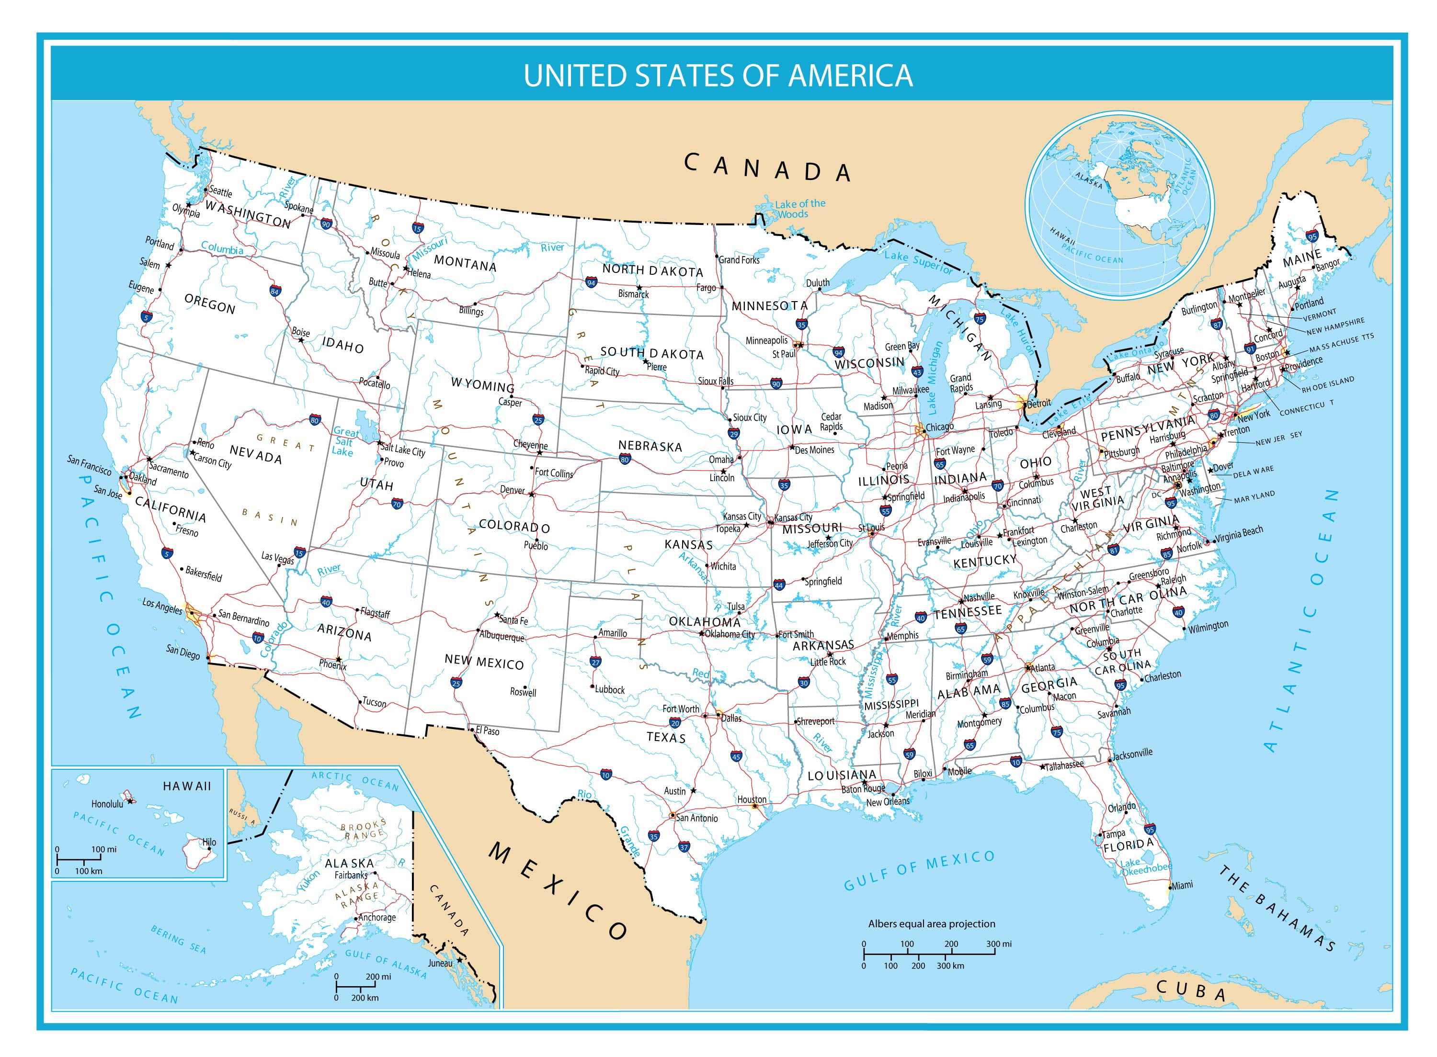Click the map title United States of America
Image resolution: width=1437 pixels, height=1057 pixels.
[718, 76]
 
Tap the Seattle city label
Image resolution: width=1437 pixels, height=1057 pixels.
[221, 192]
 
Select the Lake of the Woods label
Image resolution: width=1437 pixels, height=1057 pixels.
[799, 209]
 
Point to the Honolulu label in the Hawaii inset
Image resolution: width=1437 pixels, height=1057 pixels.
[106, 804]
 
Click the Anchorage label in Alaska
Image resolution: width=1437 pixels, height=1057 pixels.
[377, 917]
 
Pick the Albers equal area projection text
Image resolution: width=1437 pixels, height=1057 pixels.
[931, 923]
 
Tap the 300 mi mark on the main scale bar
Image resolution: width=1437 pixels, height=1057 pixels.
[999, 944]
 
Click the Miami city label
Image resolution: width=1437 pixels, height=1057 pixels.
[1182, 885]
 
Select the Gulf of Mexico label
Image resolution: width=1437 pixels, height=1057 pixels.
[919, 871]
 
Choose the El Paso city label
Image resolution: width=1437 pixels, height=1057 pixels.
[487, 731]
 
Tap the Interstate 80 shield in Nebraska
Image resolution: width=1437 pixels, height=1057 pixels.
[625, 459]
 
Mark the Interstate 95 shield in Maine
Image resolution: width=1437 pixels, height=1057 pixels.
[1312, 236]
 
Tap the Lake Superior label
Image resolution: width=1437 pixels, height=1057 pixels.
[919, 262]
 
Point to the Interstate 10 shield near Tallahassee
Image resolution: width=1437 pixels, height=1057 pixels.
[1016, 762]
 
